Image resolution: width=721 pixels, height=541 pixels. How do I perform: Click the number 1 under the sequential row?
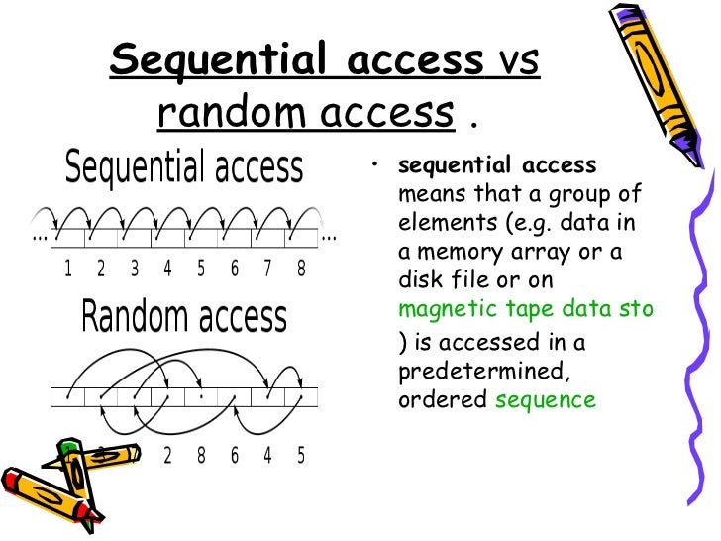(x=68, y=269)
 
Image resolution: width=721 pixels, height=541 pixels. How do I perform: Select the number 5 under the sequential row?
(x=201, y=269)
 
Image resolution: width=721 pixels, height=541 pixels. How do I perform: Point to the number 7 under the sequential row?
(x=267, y=269)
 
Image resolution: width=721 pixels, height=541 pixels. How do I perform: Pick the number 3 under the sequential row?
(x=134, y=269)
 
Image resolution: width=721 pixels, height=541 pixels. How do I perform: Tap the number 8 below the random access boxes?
(x=201, y=456)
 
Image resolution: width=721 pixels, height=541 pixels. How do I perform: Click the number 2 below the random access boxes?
(x=167, y=456)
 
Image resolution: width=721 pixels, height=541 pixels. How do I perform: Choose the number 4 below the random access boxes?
(x=267, y=456)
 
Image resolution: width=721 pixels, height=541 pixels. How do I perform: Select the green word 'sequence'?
(x=546, y=400)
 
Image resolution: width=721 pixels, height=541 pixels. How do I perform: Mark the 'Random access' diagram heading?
(x=184, y=318)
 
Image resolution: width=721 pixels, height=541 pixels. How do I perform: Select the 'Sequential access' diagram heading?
(x=184, y=167)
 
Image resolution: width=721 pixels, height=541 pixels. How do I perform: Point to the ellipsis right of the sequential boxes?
(x=330, y=238)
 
